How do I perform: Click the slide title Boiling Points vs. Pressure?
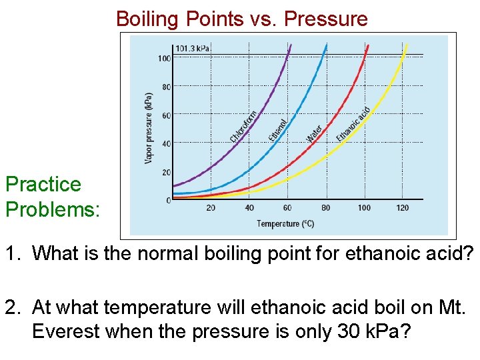coord(241,19)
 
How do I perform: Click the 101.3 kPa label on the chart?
coord(193,49)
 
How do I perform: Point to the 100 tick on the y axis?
coord(164,59)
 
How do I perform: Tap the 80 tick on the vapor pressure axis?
coord(166,87)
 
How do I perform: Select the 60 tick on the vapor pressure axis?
coord(166,115)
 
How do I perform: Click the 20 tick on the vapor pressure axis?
coord(166,172)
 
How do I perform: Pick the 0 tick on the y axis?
coord(168,200)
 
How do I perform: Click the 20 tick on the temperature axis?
coord(211,208)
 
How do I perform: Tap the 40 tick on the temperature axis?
coord(249,208)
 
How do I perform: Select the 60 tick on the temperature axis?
coord(287,208)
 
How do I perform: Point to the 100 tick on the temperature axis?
coord(364,208)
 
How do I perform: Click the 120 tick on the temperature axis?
coord(403,208)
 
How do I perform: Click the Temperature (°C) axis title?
coord(285,224)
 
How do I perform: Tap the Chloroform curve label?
coord(244,127)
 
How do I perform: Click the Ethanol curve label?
coord(279,129)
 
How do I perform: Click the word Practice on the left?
coord(43,185)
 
